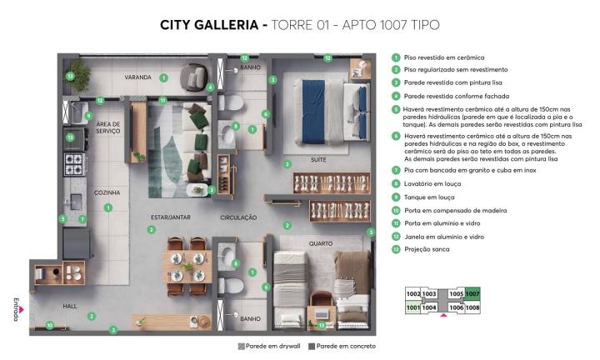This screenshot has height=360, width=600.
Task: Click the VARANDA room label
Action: [x=137, y=77]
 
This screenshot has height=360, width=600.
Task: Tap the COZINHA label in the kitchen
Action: [x=107, y=192]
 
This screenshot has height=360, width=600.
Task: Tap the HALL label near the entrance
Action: [x=70, y=306]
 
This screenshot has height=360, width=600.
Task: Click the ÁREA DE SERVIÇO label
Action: [x=108, y=127]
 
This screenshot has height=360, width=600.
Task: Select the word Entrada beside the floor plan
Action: [x=16, y=308]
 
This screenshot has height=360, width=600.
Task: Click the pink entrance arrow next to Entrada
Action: [x=24, y=308]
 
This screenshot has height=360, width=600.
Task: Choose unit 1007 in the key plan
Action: [x=472, y=294]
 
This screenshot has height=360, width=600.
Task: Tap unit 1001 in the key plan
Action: [x=412, y=307]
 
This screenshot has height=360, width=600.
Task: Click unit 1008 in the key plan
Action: [x=472, y=307]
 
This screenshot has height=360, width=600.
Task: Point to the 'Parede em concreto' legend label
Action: [x=347, y=346]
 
